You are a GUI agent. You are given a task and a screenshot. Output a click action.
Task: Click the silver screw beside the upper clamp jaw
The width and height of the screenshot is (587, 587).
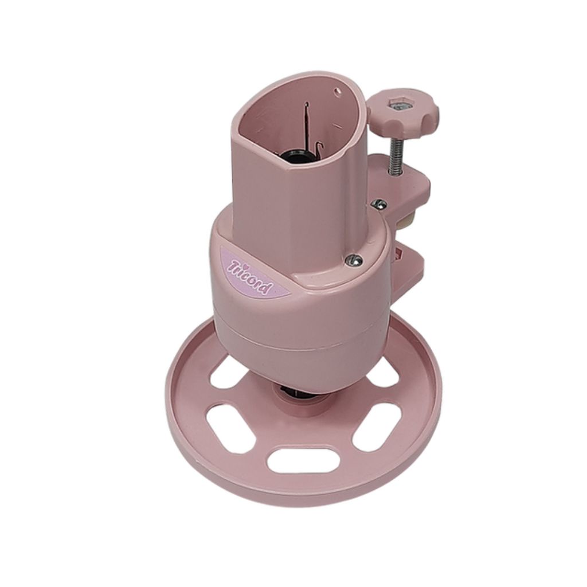point(379,204)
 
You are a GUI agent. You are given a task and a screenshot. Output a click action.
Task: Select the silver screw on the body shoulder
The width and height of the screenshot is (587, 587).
point(354,260)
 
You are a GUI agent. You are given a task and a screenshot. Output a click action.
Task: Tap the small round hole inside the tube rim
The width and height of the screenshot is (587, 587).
point(338,90)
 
